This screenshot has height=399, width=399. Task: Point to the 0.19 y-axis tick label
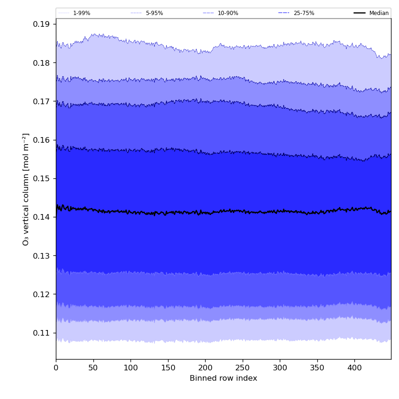tap(41, 24)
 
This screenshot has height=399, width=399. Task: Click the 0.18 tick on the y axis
tap(41, 63)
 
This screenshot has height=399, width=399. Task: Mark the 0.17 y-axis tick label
tap(41, 101)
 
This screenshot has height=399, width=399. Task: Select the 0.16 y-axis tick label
tap(41, 140)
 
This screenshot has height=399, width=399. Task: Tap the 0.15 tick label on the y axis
tap(41, 179)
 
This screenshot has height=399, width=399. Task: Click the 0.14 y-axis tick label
tap(41, 217)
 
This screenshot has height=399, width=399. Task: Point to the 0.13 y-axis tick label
tap(41, 256)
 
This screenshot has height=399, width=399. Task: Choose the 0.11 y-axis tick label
tap(41, 333)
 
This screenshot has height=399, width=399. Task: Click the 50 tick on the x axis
tap(93, 368)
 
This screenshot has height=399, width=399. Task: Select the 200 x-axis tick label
tap(205, 368)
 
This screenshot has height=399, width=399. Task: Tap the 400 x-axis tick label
tap(354, 368)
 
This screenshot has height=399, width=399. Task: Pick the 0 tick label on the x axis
tap(56, 368)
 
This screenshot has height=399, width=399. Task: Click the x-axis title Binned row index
tap(223, 378)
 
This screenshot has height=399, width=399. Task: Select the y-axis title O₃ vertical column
tap(26, 189)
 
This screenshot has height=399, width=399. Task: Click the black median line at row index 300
tap(280, 211)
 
